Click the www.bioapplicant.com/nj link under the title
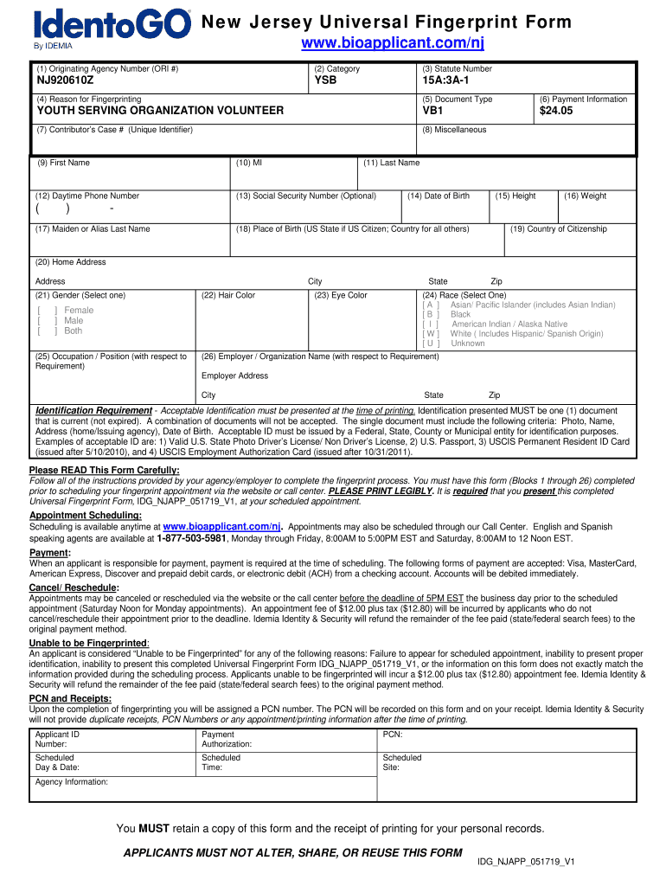[x=386, y=43]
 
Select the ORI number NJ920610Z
[x=65, y=80]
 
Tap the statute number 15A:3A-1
[x=445, y=80]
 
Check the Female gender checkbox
[x=48, y=311]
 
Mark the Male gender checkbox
[x=48, y=321]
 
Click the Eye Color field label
[x=341, y=295]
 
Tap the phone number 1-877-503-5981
[x=192, y=537]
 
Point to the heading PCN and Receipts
[x=70, y=698]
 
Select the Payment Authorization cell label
[x=227, y=739]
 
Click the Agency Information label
[x=72, y=782]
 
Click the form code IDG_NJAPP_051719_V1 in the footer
[x=526, y=862]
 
